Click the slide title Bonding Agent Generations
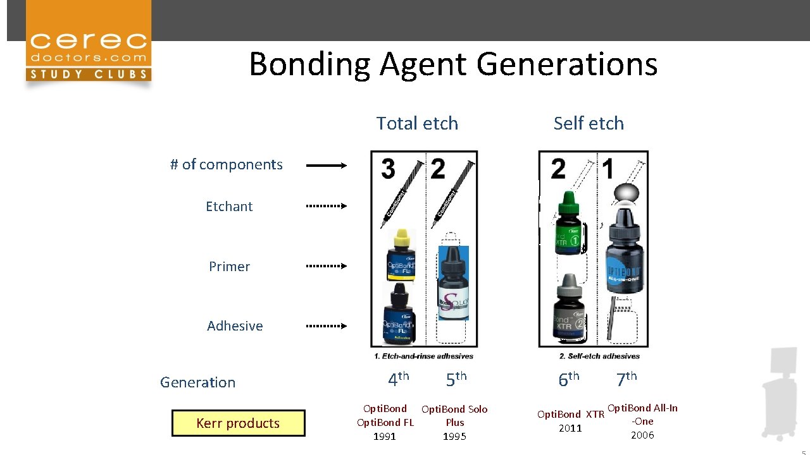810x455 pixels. tap(453, 64)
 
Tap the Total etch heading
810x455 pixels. tap(417, 123)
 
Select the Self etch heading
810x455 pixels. tap(589, 123)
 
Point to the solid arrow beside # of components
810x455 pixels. tap(326, 166)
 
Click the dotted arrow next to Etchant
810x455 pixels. tap(326, 206)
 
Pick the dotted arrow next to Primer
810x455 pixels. tap(326, 266)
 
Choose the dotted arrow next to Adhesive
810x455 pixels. tap(326, 326)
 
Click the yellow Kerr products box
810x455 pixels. tap(238, 423)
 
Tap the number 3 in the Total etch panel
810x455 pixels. tap(388, 169)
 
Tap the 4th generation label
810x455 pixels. tap(398, 379)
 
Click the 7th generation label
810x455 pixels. tap(626, 379)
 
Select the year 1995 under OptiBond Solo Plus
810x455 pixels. tap(454, 437)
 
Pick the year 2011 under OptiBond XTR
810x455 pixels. tap(570, 428)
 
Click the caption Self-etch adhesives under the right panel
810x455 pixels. tap(599, 356)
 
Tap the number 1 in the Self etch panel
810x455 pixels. tap(608, 169)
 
